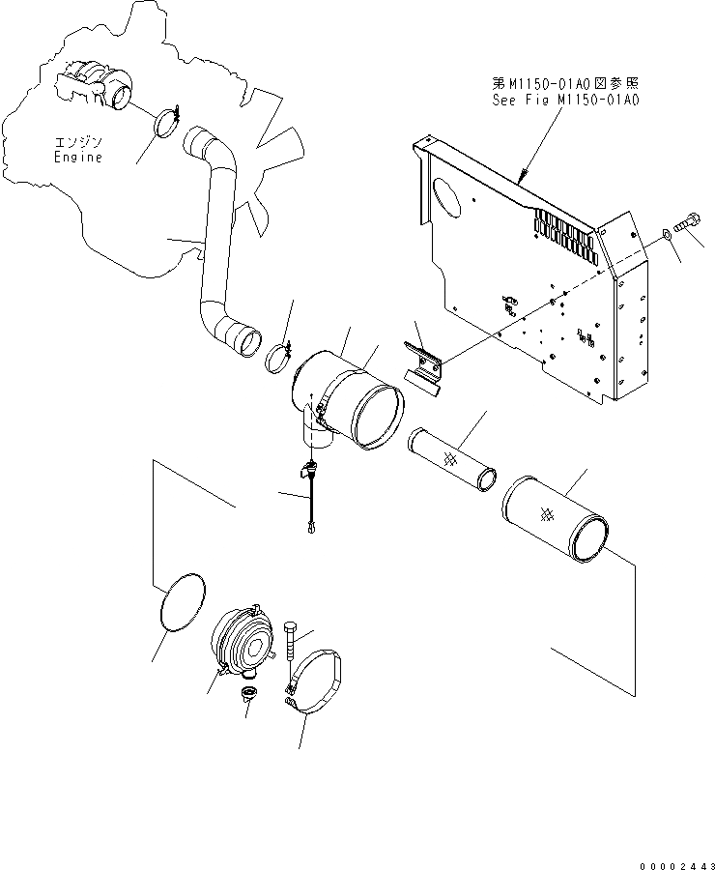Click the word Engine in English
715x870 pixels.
[77, 157]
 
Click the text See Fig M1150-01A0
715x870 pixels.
[566, 99]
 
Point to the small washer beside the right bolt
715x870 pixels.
[668, 235]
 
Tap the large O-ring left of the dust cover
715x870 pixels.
[180, 603]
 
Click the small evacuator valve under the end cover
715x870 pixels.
[249, 696]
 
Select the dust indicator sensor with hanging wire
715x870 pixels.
[310, 493]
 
